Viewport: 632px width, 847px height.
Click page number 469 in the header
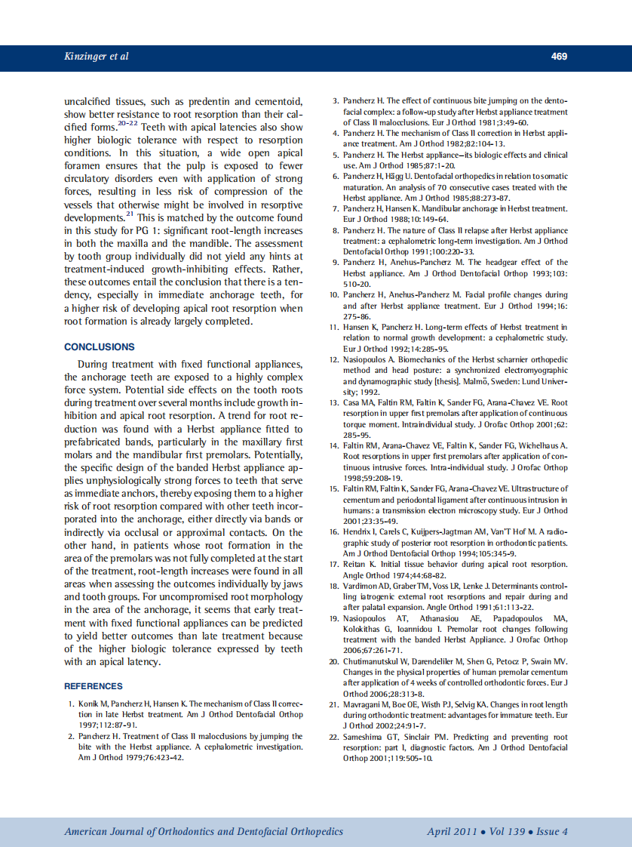(x=559, y=57)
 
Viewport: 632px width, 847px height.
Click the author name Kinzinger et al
(x=97, y=57)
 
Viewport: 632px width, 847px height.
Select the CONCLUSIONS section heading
(x=100, y=347)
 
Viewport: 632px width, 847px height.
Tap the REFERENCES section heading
(x=94, y=686)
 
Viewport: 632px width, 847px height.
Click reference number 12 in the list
(x=334, y=360)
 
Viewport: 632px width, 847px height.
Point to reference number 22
(x=334, y=737)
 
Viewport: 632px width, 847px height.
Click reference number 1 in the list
(x=71, y=704)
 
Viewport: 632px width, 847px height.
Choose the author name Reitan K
(x=358, y=564)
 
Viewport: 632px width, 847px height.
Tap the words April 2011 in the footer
(x=451, y=831)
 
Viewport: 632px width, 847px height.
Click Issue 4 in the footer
(x=552, y=831)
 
